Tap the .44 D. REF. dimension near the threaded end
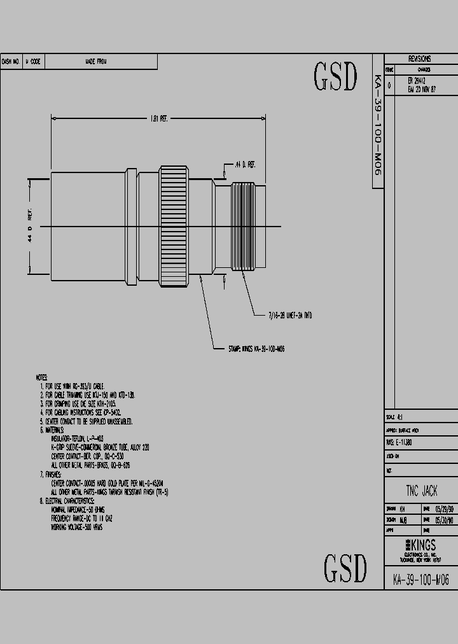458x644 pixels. click(245, 165)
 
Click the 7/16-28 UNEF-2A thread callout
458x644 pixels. click(289, 316)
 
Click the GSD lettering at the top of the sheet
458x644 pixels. click(335, 77)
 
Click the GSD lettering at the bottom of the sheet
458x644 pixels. click(345, 568)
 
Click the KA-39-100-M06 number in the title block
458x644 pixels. click(420, 580)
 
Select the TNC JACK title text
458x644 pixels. click(421, 491)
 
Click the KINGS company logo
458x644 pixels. click(420, 545)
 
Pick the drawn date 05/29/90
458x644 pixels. click(444, 509)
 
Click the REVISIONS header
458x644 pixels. click(420, 59)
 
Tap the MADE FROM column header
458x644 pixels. click(96, 62)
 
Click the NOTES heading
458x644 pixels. click(42, 378)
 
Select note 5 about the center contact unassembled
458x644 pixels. click(86, 422)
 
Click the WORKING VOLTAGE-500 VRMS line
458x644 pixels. click(76, 528)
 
